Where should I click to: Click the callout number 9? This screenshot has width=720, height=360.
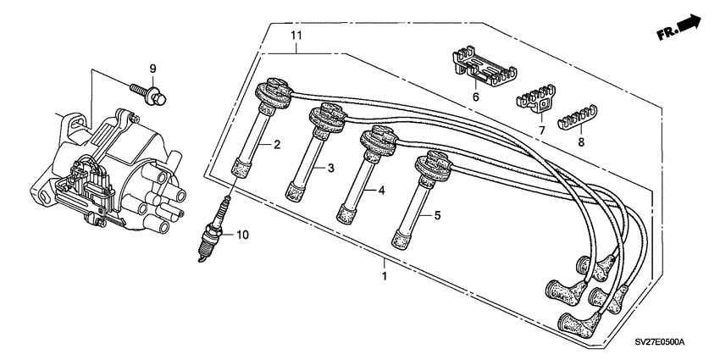pos(153,68)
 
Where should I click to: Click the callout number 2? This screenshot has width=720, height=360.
pos(276,145)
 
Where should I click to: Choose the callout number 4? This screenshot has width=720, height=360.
pos(384,191)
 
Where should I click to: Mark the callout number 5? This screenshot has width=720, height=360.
pos(438,216)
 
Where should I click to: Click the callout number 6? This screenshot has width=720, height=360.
pos(475,97)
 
